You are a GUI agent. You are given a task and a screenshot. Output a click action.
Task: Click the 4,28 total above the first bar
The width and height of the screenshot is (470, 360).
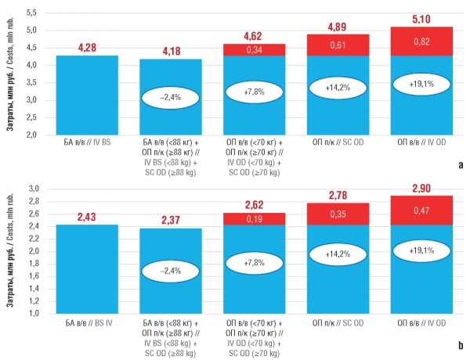[87, 48]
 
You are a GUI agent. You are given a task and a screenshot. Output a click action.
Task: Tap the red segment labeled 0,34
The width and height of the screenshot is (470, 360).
[254, 50]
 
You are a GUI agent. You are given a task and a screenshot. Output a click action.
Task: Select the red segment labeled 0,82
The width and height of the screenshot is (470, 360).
[421, 41]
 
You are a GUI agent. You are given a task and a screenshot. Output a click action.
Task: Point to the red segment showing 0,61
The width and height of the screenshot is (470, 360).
[338, 45]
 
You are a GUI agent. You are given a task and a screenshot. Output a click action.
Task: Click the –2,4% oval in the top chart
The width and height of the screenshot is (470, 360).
[170, 98]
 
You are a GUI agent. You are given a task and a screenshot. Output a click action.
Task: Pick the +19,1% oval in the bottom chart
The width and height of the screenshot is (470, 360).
[421, 250]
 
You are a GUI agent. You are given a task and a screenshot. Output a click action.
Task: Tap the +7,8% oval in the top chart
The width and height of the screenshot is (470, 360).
[254, 92]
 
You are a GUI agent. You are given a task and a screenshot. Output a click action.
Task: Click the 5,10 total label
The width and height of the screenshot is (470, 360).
[421, 19]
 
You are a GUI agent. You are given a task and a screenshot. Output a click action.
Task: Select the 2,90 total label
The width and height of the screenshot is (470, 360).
[421, 189]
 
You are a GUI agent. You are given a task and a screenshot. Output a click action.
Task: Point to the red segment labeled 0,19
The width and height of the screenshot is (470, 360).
[254, 219]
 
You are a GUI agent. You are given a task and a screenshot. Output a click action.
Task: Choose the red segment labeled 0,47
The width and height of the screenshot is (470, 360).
[421, 211]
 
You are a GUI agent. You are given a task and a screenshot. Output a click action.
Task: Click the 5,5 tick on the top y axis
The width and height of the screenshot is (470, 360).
[31, 13]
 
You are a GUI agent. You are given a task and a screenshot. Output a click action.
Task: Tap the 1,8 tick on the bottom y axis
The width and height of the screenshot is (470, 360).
[34, 264]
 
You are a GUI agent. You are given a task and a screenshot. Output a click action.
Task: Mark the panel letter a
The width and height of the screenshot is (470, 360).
[461, 165]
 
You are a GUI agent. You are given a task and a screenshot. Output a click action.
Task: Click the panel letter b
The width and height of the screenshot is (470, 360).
[461, 345]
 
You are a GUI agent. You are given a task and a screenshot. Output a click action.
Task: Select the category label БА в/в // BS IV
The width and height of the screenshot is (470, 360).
[89, 323]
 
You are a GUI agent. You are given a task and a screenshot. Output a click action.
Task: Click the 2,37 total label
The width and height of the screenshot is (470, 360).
[171, 220]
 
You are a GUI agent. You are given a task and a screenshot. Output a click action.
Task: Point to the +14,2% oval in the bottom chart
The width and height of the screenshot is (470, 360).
[338, 254]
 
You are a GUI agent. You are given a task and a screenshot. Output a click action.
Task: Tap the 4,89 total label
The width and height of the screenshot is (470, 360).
[337, 27]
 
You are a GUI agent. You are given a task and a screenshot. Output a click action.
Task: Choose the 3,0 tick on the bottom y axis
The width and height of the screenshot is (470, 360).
[34, 189]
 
